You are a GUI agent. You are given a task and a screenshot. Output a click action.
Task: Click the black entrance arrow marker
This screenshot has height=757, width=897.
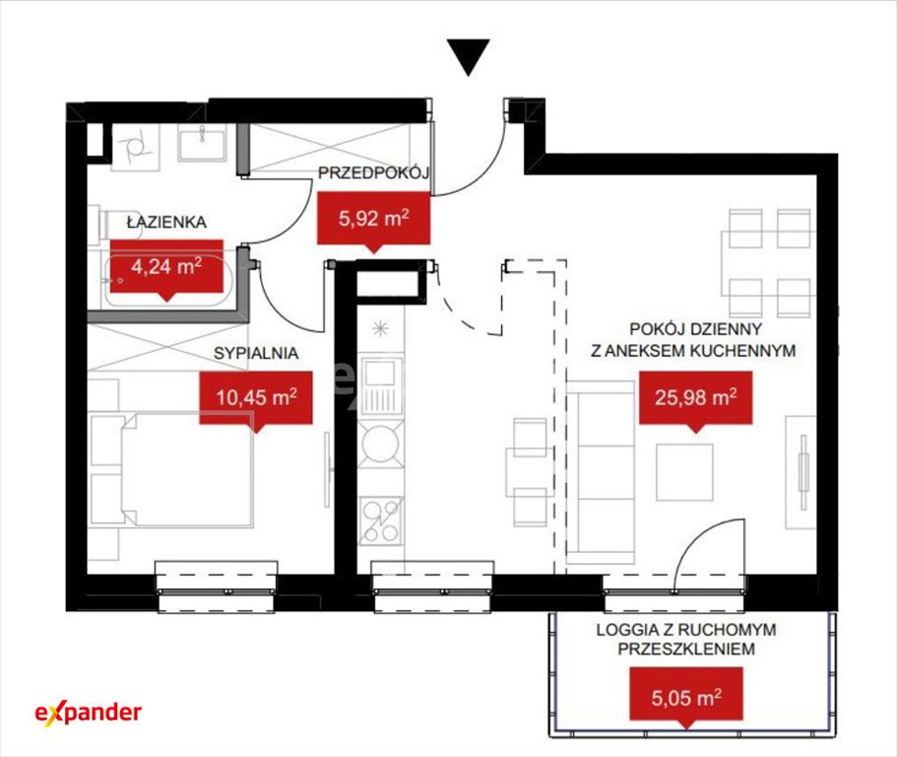469,56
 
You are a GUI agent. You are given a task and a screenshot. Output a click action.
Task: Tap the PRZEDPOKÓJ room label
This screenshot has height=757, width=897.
373,172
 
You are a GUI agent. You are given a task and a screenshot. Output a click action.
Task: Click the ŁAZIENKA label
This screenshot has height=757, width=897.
166,222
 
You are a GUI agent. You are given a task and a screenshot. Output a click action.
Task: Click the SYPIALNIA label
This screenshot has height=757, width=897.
256,353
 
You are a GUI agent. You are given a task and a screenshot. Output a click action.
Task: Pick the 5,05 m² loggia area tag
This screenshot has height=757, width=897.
686,697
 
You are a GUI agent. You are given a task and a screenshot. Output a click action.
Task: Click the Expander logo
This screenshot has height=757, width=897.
88,713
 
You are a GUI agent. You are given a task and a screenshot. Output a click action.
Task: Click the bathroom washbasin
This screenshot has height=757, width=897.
202,143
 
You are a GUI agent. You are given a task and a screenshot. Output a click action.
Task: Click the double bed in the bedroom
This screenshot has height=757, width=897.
171,468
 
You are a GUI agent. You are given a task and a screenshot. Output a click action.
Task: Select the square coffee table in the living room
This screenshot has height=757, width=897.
684,472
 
